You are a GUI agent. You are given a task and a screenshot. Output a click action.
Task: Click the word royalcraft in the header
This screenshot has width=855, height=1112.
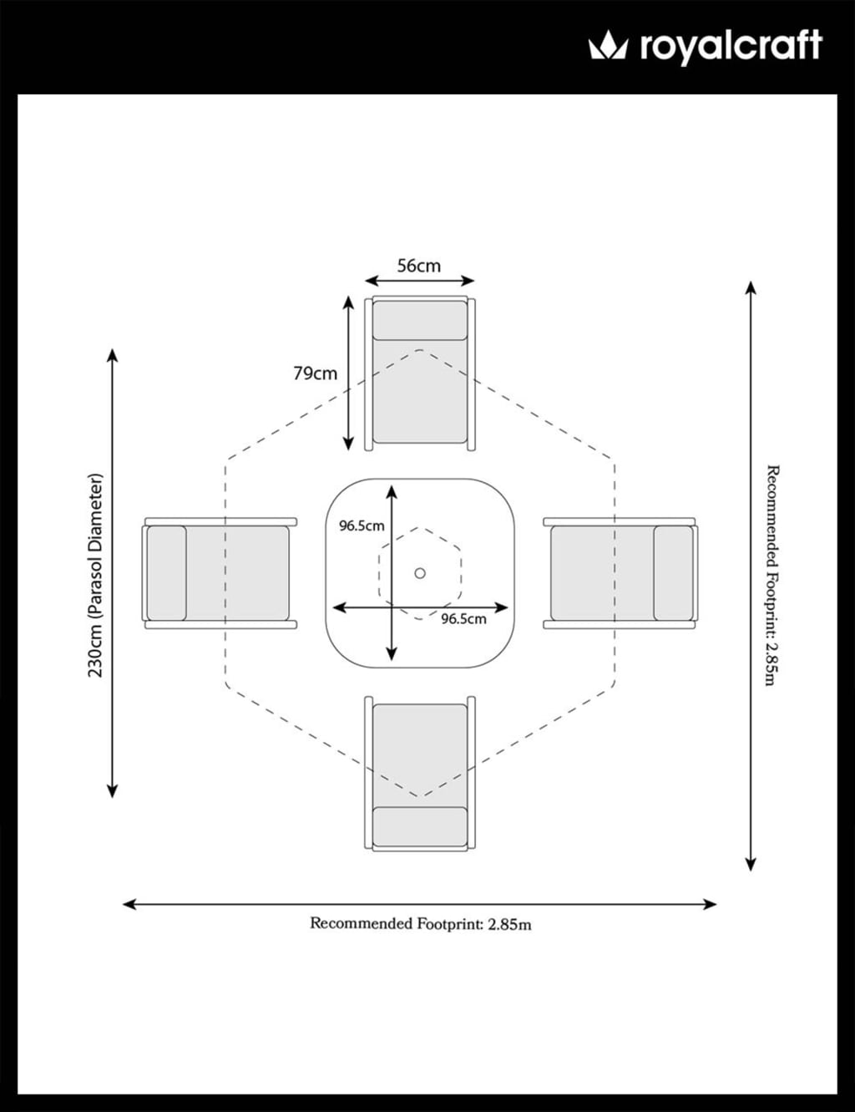[731, 47]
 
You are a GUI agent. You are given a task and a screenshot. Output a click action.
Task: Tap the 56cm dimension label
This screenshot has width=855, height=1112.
[418, 266]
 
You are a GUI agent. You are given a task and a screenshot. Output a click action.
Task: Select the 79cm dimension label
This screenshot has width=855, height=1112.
[315, 373]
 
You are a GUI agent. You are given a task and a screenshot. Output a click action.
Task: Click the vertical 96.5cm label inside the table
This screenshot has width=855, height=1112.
[361, 526]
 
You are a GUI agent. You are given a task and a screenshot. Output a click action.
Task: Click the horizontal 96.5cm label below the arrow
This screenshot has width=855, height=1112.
[463, 619]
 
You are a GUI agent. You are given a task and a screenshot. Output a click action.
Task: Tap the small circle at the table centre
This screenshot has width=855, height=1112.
[420, 573]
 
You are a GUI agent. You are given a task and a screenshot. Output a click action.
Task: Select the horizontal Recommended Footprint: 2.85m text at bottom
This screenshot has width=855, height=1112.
[420, 924]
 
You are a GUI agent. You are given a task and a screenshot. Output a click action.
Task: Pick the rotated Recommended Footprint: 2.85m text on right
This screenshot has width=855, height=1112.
[772, 576]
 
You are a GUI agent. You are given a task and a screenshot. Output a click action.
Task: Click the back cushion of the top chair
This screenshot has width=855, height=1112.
[420, 320]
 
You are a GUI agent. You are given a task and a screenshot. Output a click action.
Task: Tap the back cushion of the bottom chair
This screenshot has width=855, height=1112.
[420, 827]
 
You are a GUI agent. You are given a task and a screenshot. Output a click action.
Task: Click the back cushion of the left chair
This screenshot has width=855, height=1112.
[166, 573]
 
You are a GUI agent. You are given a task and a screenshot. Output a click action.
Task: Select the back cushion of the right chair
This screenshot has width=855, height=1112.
[673, 573]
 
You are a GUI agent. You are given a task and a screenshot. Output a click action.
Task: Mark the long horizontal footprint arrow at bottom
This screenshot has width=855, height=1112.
[420, 904]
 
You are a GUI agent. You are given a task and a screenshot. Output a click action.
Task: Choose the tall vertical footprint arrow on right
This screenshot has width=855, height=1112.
[751, 576]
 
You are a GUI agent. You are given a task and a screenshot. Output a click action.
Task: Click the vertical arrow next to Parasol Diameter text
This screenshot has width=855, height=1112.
[113, 573]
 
